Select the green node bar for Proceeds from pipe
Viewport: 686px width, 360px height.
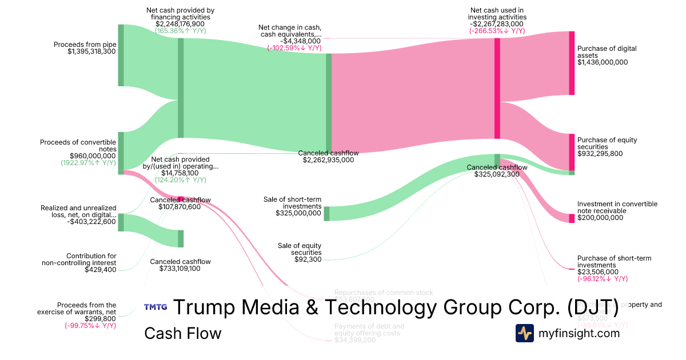(x=121, y=55)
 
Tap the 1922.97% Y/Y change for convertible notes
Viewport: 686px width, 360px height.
(x=88, y=162)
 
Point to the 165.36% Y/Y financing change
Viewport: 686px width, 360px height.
(x=181, y=31)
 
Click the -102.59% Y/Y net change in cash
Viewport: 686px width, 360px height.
(x=294, y=48)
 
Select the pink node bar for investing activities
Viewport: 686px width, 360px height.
(x=497, y=88)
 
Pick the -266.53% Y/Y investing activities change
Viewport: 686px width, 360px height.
(x=497, y=31)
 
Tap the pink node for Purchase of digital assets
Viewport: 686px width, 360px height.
(x=571, y=63)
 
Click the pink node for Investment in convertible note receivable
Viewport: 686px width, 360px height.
(x=571, y=218)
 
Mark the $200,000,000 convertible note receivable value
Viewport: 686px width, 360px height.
(x=600, y=218)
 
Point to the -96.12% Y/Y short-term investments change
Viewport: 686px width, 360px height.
(x=603, y=279)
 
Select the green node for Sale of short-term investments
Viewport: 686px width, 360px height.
(x=326, y=214)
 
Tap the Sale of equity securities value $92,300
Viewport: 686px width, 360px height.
(x=306, y=259)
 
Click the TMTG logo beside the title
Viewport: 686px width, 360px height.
(x=155, y=307)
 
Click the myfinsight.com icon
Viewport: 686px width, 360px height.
(x=525, y=333)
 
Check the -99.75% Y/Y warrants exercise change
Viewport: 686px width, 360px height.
(x=90, y=326)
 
